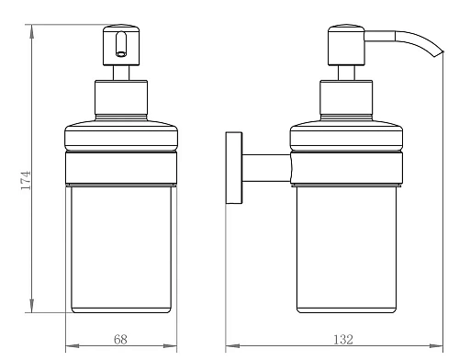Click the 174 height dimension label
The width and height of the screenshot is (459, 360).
pos(26,180)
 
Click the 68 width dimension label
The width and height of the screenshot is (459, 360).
pos(120,339)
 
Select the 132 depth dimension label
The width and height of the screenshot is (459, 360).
pos(343,339)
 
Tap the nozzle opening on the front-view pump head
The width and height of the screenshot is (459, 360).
pos(121,54)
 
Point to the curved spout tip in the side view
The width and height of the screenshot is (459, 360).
pos(440,54)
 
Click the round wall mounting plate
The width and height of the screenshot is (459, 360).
pos(234,168)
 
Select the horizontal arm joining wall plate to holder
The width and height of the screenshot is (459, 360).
pos(266,168)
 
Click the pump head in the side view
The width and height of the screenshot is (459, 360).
pos(346,45)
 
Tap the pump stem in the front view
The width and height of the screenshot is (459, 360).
pos(121,73)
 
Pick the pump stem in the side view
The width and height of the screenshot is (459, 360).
pos(346,73)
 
